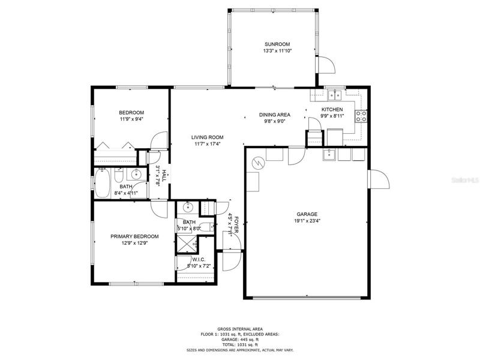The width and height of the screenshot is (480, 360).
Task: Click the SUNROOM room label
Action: (x=277, y=44)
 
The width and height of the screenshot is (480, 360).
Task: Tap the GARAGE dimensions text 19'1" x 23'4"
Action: (x=307, y=221)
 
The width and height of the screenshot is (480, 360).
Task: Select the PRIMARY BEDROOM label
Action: (x=134, y=236)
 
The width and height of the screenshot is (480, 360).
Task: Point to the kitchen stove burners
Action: (x=361, y=116)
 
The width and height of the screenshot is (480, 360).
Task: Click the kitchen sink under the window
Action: (x=335, y=95)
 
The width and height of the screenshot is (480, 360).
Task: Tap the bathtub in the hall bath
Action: (x=102, y=183)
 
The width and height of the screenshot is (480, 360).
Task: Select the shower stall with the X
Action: (x=187, y=244)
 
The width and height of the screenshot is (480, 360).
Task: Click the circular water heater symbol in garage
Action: (x=257, y=163)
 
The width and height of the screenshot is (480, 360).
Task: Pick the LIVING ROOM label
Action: (x=207, y=137)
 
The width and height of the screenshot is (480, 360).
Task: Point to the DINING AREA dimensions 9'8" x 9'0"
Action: (x=275, y=121)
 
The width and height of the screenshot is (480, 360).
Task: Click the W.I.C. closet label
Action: (x=199, y=260)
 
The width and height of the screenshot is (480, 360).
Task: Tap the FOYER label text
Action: (x=236, y=224)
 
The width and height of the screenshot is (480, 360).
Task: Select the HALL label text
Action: (x=164, y=176)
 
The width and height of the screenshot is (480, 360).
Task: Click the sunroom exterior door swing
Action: (x=327, y=65)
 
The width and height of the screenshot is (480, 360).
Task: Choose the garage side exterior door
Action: (x=380, y=179)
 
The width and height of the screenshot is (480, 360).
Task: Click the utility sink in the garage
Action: (x=329, y=155)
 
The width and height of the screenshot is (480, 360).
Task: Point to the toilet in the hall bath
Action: (x=119, y=176)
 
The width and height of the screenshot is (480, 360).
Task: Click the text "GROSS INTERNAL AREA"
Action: (x=240, y=329)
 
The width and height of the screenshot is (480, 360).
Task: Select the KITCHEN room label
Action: (x=332, y=109)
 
